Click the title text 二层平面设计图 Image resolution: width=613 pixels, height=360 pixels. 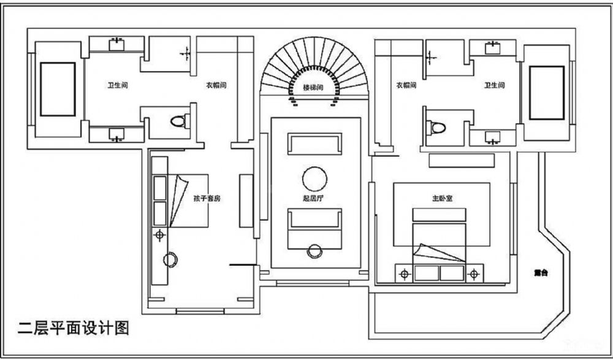pyautogui.click(x=74, y=328)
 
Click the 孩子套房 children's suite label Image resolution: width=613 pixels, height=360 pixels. pyautogui.click(x=207, y=199)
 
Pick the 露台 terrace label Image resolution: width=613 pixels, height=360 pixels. pyautogui.click(x=540, y=272)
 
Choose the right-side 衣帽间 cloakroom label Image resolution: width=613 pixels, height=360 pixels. pyautogui.click(x=406, y=86)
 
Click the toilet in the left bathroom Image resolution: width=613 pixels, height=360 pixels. pyautogui.click(x=178, y=121)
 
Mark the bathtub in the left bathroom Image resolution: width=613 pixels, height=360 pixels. pyautogui.click(x=58, y=89)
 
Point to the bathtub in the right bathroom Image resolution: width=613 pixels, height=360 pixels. pyautogui.click(x=547, y=93)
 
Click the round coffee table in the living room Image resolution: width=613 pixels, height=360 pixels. pyautogui.click(x=315, y=178)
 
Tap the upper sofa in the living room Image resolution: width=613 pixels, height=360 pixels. pyautogui.click(x=315, y=145)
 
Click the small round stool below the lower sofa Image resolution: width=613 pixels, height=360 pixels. pyautogui.click(x=315, y=250)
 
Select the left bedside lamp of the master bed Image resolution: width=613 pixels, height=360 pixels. pyautogui.click(x=404, y=274)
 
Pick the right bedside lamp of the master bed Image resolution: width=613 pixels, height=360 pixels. pyautogui.click(x=473, y=274)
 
